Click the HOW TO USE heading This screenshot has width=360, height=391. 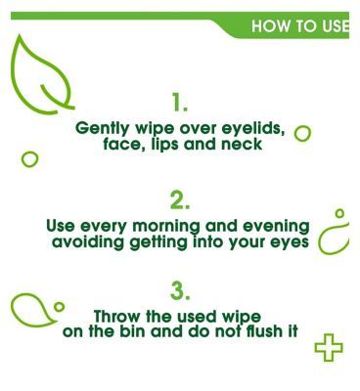point(298,26)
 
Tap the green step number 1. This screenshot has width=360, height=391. point(179,102)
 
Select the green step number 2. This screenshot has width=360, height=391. point(179,200)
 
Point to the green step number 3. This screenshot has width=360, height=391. point(179,290)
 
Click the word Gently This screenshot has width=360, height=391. point(105,128)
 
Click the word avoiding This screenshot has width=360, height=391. point(88,241)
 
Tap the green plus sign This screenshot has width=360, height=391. point(329,347)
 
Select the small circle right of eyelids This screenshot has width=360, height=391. point(302,132)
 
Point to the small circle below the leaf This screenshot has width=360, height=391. point(30,157)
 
